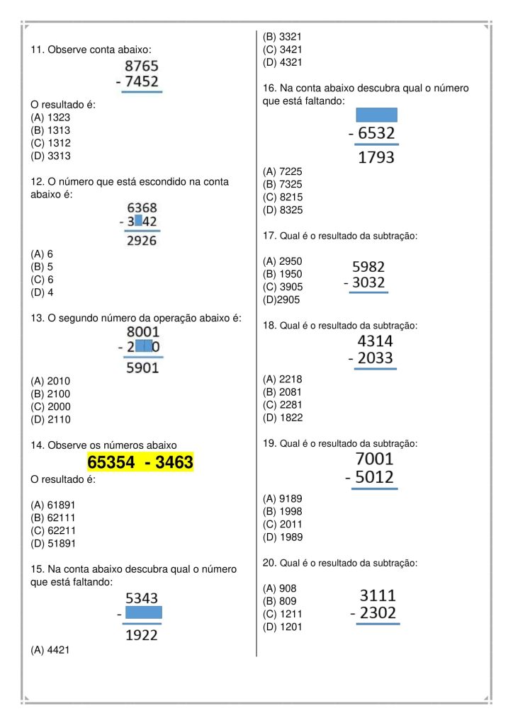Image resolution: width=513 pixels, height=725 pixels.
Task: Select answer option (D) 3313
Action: pos(50,156)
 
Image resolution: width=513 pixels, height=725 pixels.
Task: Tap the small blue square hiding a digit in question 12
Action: pos(138,222)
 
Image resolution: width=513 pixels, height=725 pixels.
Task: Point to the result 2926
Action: pos(142,241)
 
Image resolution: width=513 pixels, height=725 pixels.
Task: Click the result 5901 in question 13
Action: pos(142,368)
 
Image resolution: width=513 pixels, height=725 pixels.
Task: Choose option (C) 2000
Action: pos(50,406)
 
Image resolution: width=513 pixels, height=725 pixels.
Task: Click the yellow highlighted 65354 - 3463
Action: pos(140,463)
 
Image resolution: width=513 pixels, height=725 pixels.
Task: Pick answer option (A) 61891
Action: pos(53,505)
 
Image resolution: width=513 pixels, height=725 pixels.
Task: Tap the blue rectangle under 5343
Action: pos(143,612)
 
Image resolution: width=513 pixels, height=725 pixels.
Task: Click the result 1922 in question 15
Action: pos(142,635)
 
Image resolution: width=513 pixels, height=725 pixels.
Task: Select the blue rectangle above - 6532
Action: pos(376,115)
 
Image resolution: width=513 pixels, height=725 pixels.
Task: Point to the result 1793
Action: pos(376,157)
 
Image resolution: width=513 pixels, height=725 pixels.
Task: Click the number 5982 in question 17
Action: pos(368,267)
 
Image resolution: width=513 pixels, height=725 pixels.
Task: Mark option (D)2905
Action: pos(281,299)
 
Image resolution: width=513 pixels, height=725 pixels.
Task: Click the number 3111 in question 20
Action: pos(378,595)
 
